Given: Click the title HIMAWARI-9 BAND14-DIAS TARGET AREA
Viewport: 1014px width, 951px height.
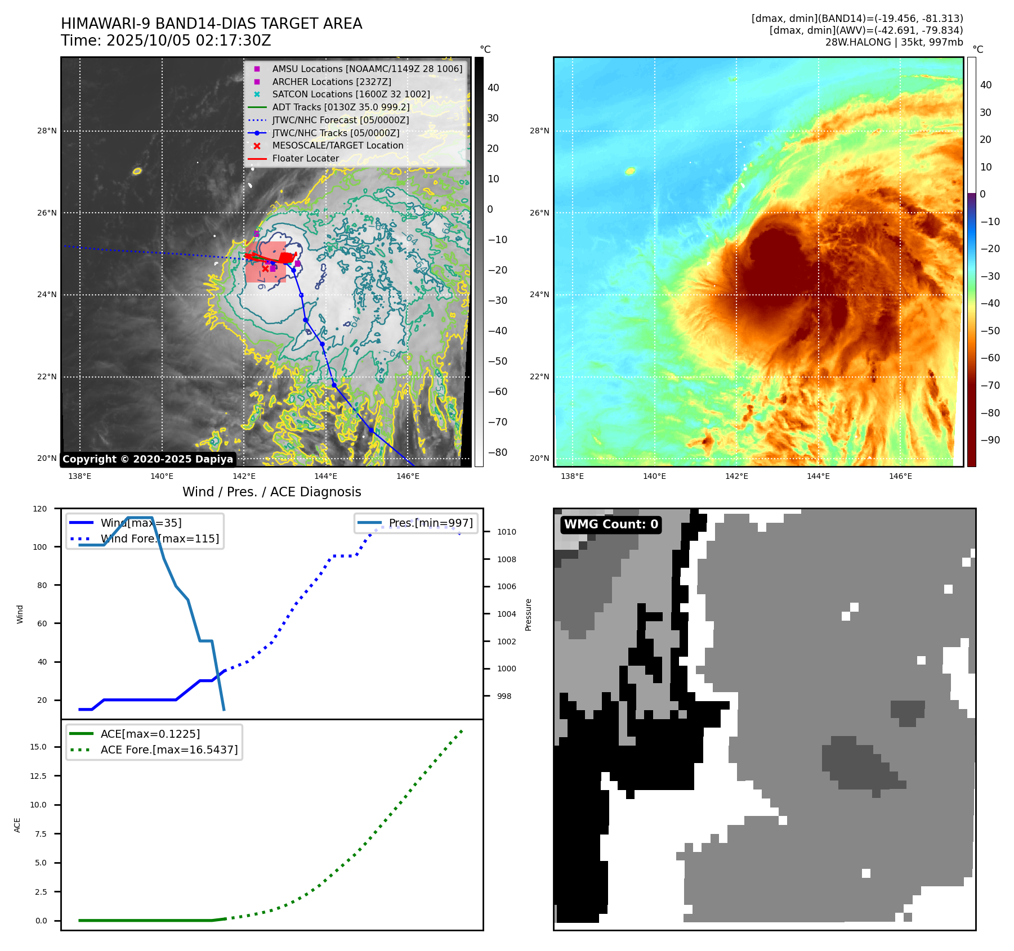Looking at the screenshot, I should [x=211, y=24].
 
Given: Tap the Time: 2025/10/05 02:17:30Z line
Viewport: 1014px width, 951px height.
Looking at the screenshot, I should [x=166, y=41].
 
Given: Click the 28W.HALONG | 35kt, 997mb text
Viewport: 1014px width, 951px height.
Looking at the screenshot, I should [x=894, y=42].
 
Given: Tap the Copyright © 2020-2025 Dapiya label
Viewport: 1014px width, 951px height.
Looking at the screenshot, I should [x=148, y=459].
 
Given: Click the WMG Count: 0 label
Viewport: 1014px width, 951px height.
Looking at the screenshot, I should [x=611, y=524].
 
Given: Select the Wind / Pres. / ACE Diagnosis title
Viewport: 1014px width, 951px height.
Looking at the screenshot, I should [x=271, y=492].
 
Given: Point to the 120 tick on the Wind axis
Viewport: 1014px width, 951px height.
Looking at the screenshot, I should [x=40, y=509].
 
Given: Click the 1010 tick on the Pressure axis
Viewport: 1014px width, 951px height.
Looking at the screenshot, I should [x=506, y=532].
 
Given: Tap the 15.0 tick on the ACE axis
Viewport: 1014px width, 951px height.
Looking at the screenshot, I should [x=38, y=747].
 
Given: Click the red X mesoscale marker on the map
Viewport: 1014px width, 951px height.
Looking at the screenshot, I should [x=265, y=269].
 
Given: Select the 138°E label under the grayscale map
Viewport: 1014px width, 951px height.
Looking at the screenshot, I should [x=79, y=476].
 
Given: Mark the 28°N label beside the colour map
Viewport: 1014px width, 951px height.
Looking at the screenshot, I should [x=539, y=131].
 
